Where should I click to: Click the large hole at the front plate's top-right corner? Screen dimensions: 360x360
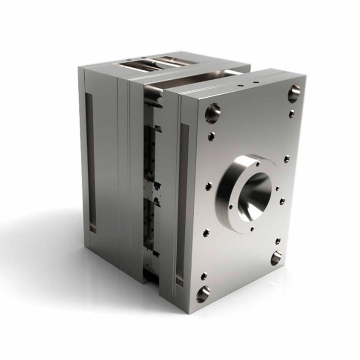pos(294,93)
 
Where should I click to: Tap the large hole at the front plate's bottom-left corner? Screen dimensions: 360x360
pos(203,294)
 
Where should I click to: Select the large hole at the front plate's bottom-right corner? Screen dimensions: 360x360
pos(276,258)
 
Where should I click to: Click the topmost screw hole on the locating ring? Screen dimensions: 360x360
pos(258,164)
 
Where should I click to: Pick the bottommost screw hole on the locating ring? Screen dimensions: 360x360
pos(252,229)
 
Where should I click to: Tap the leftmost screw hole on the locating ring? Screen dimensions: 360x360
pos(231,207)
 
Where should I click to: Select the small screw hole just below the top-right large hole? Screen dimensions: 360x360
pos(292,114)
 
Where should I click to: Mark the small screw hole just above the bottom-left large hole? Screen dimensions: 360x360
pos(204,276)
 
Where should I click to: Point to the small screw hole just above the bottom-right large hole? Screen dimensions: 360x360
pos(277,241)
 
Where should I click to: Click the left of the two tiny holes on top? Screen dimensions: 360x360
pos(239,86)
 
